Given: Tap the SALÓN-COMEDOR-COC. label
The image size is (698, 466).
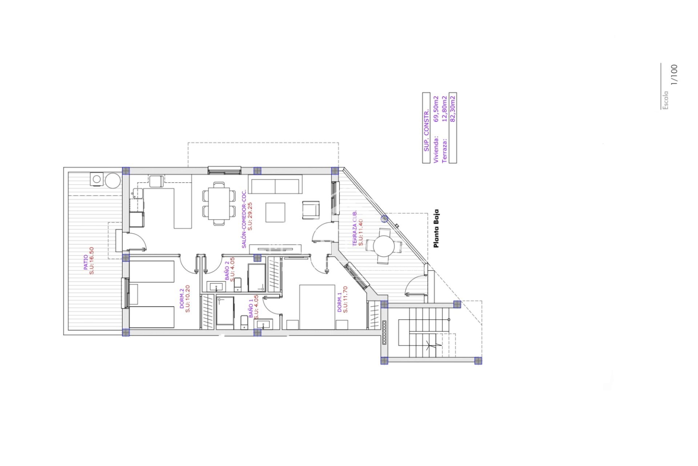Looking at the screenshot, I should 244,219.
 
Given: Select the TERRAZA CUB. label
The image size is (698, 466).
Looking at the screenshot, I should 355,228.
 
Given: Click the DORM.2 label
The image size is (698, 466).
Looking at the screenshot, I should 182,299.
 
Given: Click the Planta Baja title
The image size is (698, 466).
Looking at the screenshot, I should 436,228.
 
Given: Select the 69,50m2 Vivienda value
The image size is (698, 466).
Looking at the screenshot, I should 436,109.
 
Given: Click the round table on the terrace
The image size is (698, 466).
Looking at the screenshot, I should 384,246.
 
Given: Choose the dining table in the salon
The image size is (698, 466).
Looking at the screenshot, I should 219,204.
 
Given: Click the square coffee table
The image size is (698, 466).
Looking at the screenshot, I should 275,212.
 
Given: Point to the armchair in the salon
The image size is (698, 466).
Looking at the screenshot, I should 311,210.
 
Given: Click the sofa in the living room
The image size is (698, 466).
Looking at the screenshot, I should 275,185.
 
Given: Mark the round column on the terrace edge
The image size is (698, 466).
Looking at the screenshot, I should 384,219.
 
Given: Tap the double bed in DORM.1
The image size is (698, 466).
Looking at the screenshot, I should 317,307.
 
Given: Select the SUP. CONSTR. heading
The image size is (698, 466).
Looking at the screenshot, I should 426,130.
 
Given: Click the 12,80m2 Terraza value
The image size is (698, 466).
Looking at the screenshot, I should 444,109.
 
